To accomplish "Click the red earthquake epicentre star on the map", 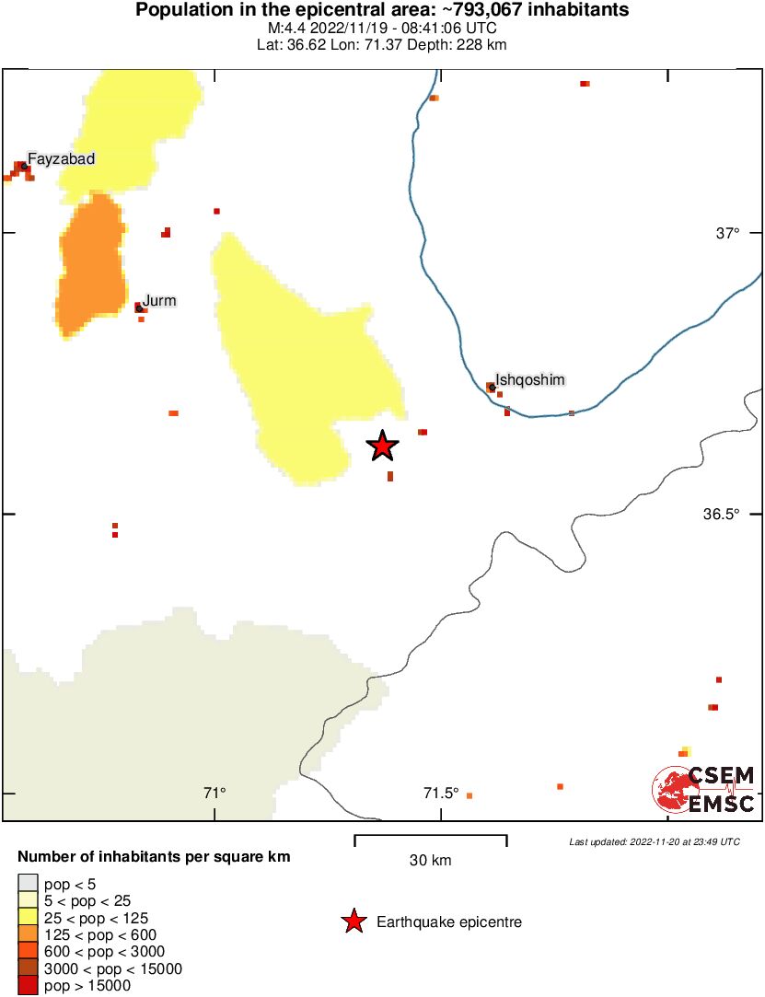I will pos(382,446).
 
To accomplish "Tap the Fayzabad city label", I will pos(61,159).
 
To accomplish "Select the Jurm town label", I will pos(159,300).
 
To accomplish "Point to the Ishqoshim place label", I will pos(529,379).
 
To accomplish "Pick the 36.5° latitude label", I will pos(723,514).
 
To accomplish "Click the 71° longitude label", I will pos(214,793).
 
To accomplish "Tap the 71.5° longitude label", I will pos(441,793).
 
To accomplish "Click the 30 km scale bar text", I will pos(430,861).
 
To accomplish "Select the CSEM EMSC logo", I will pos(704,790).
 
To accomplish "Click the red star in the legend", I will pos(353,922).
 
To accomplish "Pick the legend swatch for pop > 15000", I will pos(28,986).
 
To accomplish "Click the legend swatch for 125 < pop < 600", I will pos(28,935).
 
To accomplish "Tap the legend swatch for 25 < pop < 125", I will pos(28,918).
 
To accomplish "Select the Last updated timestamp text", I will pos(654,841).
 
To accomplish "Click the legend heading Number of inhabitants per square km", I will pos(154,857).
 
